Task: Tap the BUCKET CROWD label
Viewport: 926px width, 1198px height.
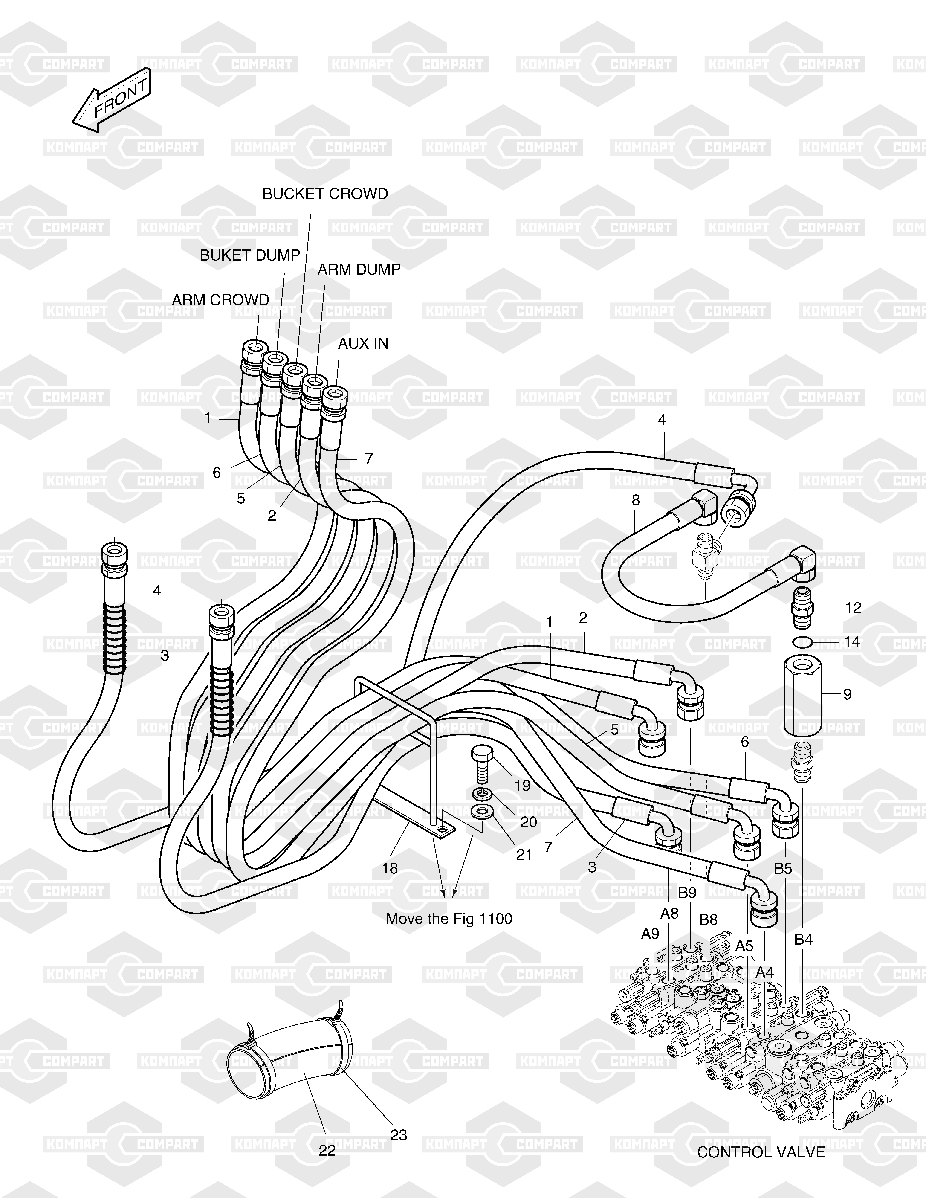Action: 325,194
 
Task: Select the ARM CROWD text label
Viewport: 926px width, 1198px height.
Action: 220,300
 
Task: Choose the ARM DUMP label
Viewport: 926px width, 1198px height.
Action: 359,269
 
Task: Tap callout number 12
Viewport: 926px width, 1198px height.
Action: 853,608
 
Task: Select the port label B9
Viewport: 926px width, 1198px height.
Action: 687,893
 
